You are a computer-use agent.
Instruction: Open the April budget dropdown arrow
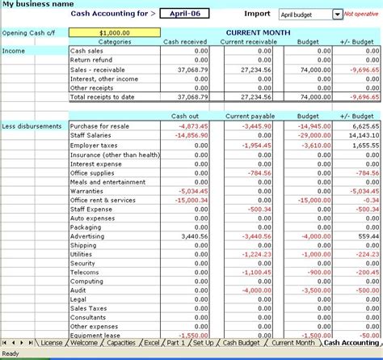337,15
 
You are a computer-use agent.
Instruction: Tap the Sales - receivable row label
96,69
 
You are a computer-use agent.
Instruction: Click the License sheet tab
51,343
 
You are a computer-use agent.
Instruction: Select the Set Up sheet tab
204,343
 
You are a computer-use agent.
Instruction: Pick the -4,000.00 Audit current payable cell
257,289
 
